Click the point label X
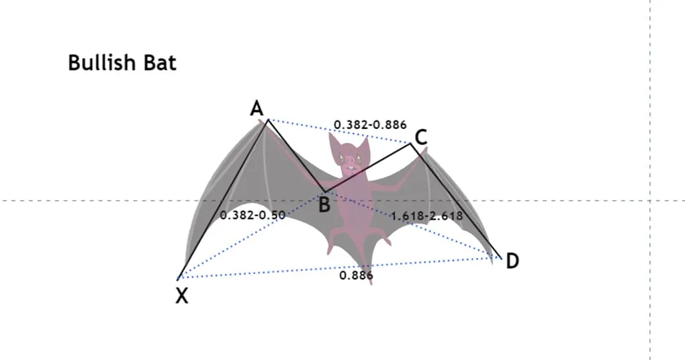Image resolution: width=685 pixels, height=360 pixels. pos(182,296)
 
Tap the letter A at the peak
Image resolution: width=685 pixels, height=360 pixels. pos(257,108)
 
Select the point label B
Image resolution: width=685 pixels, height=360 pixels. pos(324,204)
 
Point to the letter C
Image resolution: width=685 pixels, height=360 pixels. pos(420,138)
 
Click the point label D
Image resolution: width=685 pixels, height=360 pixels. pos(512,261)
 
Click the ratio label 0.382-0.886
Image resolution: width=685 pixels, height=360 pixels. pos(370,125)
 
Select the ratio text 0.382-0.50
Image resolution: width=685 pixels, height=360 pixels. pos(253,215)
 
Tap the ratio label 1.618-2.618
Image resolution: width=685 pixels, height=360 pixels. pos(426,216)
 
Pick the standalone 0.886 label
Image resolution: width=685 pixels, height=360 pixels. pos(356,275)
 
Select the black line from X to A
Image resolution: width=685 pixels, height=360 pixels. pos(223,199)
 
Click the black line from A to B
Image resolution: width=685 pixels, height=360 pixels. pos(296,156)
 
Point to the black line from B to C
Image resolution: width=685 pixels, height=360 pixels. pos(368,167)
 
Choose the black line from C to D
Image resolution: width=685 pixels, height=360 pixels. pos(455,200)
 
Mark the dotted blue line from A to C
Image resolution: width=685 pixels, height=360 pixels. pos(339,131)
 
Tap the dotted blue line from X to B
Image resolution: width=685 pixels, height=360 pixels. pos(251,235)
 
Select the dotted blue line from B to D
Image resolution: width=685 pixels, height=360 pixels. pos(413,224)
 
